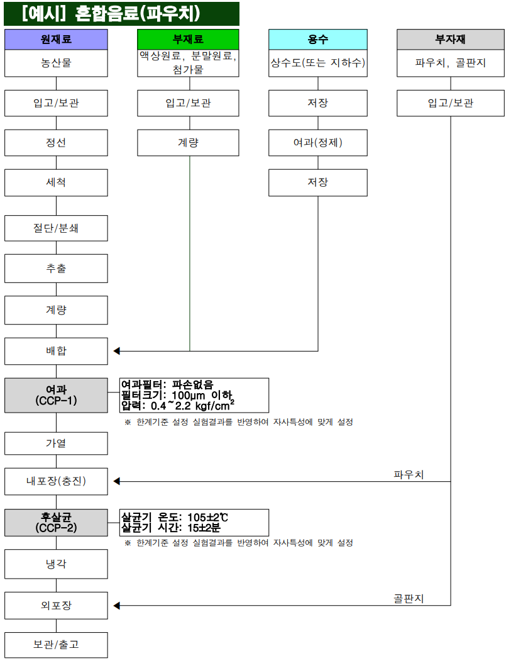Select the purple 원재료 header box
[56, 39]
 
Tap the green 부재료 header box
[188, 39]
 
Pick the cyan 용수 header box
[318, 39]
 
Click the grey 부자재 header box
[450, 39]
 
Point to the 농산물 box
[56, 63]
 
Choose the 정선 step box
[56, 143]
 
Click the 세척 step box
[56, 182]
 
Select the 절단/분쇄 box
[56, 228]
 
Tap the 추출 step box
[56, 269]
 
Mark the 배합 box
[56, 351]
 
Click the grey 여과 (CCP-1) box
[56, 396]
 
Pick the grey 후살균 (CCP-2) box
[56, 523]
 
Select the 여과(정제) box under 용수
[318, 143]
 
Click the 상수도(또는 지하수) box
[318, 63]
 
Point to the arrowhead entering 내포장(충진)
[117, 482]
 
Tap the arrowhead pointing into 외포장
[117, 606]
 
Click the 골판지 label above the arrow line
[409, 598]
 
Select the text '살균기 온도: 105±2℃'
[174, 517]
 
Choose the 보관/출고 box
[56, 645]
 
